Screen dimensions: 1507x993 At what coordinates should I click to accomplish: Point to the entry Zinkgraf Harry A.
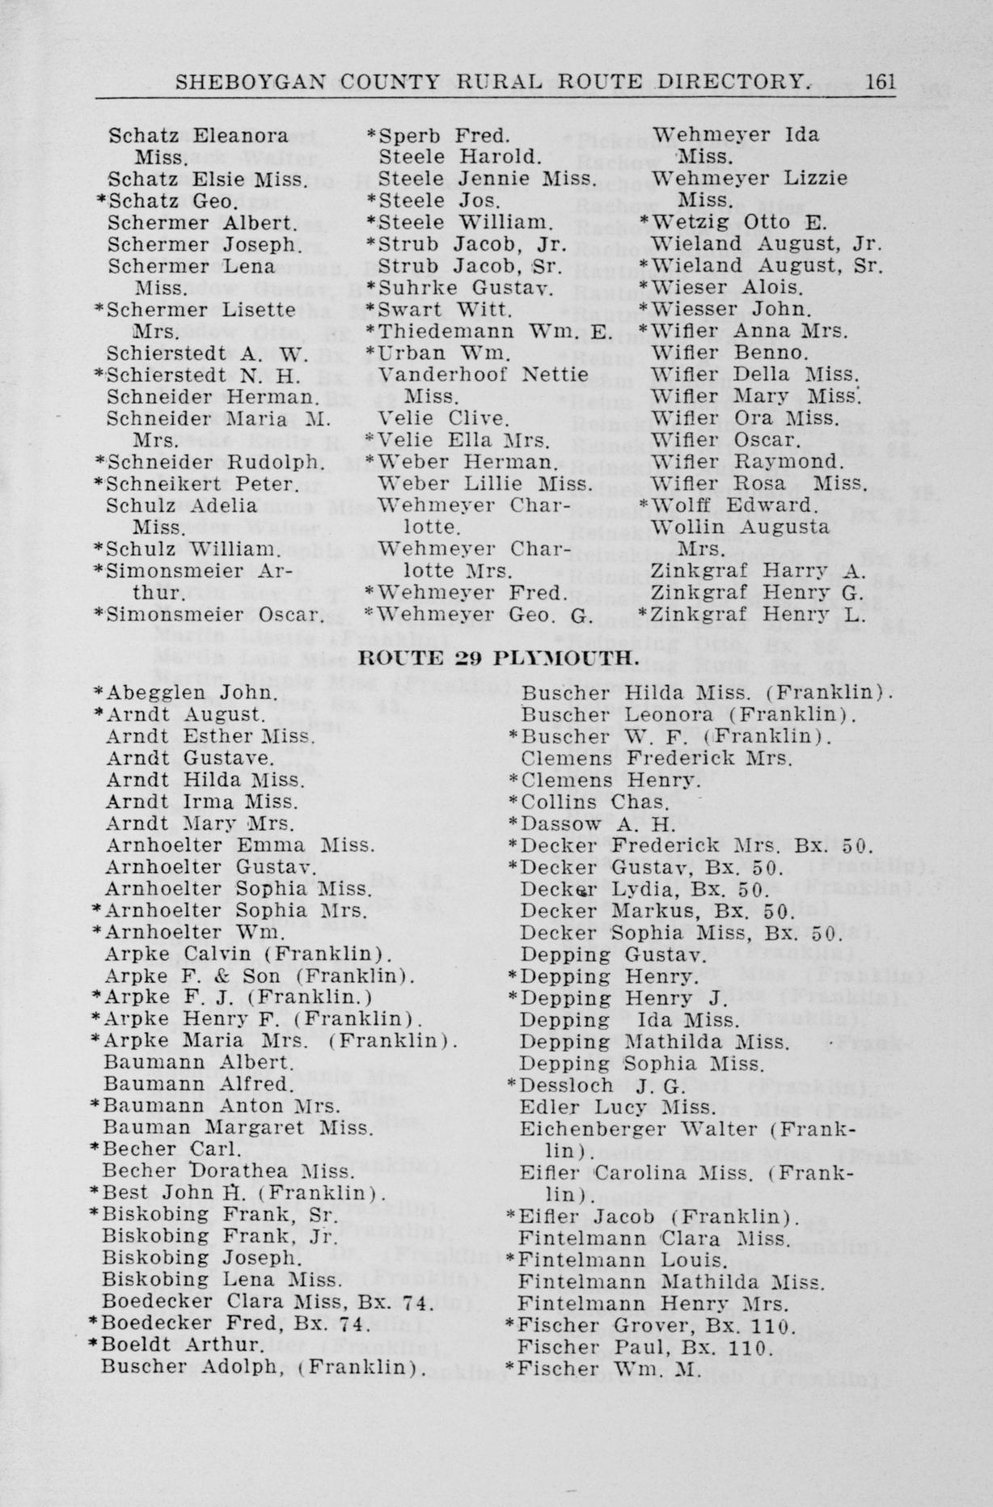758,571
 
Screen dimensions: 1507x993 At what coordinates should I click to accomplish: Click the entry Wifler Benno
729,353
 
